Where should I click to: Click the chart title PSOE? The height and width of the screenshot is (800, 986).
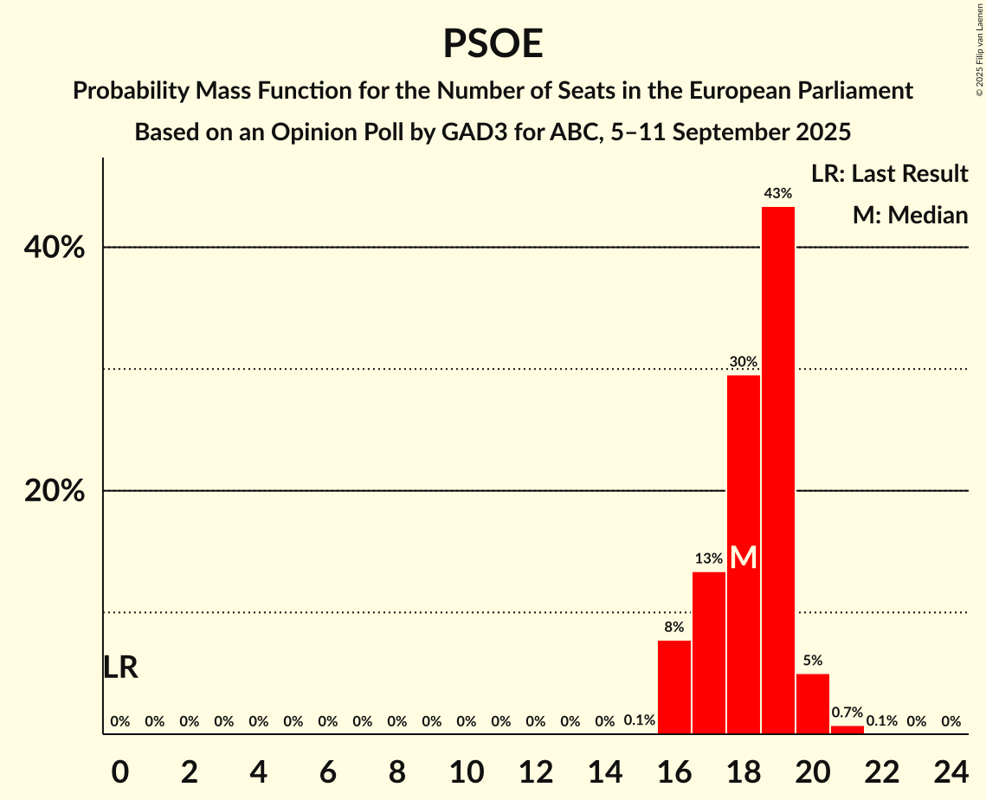pos(493,43)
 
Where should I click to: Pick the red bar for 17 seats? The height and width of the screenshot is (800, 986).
pos(709,653)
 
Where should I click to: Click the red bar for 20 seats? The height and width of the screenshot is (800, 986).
pos(813,704)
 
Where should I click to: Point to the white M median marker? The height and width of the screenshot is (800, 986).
pos(744,558)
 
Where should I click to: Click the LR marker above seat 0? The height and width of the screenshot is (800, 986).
pos(120,668)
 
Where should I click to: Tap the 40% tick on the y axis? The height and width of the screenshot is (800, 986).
pos(55,248)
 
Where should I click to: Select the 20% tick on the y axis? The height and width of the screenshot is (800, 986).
pos(55,492)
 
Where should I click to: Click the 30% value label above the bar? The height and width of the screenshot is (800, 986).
pos(744,362)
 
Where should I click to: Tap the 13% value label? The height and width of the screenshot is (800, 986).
pos(709,558)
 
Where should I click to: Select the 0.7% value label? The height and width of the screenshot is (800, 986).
pos(847,713)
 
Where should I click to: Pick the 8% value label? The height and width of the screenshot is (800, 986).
pos(674,627)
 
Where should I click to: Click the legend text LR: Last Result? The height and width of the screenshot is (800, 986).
pos(890,174)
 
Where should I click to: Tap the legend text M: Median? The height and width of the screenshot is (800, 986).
pos(910,216)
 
